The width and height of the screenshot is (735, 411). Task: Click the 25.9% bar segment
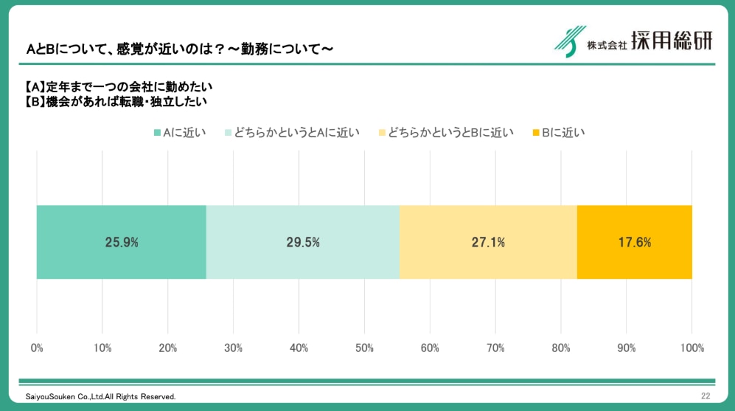click(122, 242)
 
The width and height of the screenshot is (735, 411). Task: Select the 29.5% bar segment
click(303, 242)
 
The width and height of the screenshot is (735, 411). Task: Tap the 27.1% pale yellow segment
click(488, 242)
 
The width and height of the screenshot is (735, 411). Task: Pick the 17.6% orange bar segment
click(634, 242)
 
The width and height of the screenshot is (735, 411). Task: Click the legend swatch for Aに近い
click(157, 133)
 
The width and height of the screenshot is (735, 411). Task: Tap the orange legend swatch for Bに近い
click(535, 133)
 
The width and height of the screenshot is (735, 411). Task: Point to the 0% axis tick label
click(37, 348)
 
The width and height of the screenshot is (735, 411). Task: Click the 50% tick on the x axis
click(364, 348)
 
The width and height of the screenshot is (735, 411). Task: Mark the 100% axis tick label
click(692, 348)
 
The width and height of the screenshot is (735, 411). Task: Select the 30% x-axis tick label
click(233, 348)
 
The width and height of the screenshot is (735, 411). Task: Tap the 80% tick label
click(560, 348)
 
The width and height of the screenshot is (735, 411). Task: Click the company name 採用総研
click(672, 41)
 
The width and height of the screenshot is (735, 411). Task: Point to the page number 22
click(706, 396)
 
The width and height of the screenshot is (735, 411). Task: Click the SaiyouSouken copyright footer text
click(100, 397)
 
